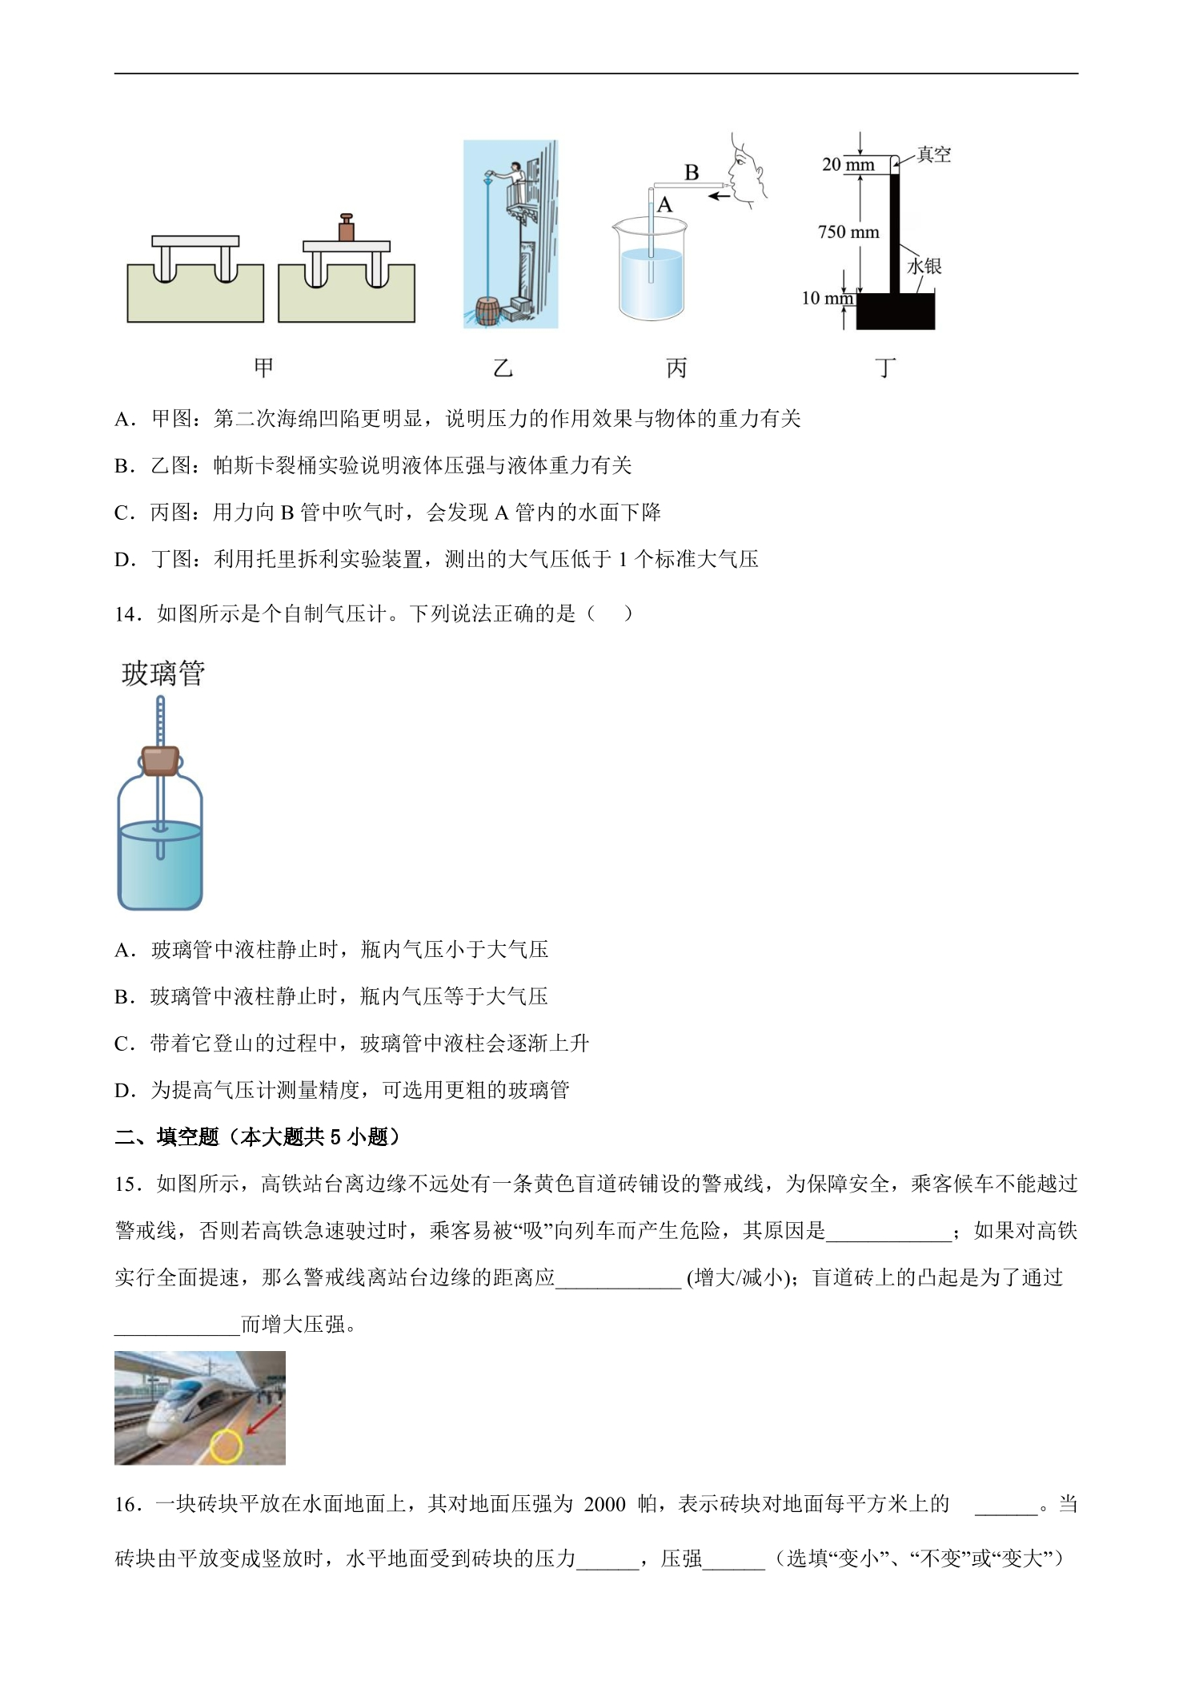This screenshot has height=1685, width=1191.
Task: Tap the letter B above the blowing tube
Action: point(692,172)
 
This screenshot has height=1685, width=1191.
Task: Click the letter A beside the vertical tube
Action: point(665,205)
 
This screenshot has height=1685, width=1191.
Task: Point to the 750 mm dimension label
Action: point(848,232)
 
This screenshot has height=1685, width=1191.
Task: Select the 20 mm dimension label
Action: point(848,165)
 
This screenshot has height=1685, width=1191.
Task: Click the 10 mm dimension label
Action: point(828,298)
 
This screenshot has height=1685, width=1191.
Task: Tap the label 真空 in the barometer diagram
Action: point(933,155)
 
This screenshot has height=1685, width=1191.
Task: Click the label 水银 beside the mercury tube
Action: point(924,266)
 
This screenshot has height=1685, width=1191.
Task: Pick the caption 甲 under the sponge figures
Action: point(263,368)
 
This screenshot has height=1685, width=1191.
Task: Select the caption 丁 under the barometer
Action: point(885,368)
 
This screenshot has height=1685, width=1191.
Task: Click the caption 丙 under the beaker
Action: point(676,368)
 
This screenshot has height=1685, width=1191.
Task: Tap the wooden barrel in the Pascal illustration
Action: point(486,312)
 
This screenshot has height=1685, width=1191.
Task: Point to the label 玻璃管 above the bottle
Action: point(163,674)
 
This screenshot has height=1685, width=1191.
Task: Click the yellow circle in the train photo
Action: point(227,1446)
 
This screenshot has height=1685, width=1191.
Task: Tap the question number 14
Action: point(128,614)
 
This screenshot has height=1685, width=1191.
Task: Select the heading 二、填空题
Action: point(166,1136)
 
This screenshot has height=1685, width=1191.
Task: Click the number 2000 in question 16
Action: point(604,1504)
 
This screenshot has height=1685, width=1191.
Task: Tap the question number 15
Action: point(128,1184)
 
